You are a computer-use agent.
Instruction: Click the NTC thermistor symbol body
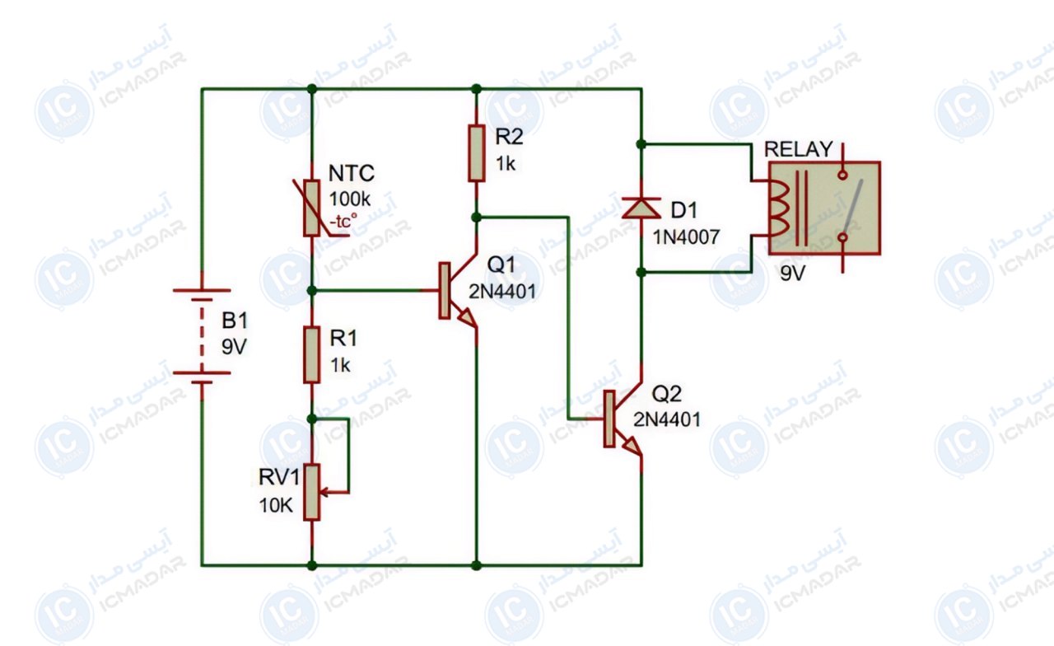coord(311,208)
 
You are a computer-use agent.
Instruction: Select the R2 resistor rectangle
coord(476,153)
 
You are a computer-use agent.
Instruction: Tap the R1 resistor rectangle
coord(311,354)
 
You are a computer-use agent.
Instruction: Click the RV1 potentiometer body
coord(311,492)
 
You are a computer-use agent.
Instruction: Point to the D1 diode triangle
coord(641,208)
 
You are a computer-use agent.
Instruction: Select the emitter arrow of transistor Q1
coord(467,318)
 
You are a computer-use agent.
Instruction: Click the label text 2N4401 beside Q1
coord(502,292)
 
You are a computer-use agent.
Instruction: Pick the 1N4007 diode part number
coord(686,236)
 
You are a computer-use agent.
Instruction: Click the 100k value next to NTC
coord(350,199)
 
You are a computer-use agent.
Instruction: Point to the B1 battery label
coord(235,321)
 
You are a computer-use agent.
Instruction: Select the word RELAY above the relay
coord(799,149)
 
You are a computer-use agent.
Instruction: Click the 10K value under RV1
coord(276,505)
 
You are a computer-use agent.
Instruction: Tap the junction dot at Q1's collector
coord(476,217)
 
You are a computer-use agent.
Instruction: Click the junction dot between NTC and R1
coord(311,291)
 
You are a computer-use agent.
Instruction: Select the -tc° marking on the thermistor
coord(343,220)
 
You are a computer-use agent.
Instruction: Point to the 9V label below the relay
coord(793,273)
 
